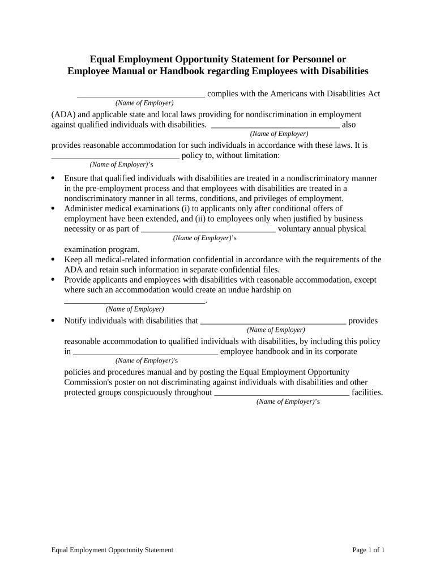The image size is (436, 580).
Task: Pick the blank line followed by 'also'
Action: coord(275,125)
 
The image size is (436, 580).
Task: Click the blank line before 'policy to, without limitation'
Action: coord(115,155)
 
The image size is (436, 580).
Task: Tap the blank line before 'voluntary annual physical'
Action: coord(208,229)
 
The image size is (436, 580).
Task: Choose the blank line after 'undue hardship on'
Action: coord(134,300)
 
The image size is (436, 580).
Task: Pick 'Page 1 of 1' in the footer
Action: coord(368,550)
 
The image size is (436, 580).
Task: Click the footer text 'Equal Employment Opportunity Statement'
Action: coord(112,550)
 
